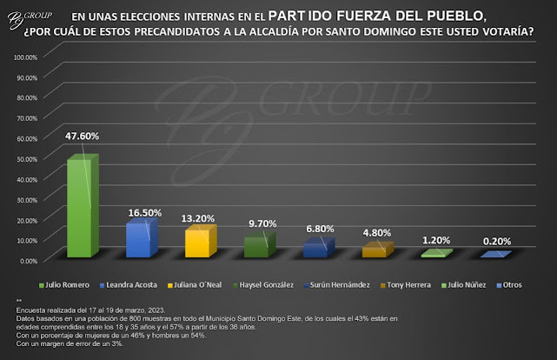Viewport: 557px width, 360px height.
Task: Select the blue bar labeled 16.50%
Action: [139, 239]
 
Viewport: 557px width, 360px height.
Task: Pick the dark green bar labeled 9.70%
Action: [257, 246]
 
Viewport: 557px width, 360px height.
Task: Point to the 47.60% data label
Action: [82, 136]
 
